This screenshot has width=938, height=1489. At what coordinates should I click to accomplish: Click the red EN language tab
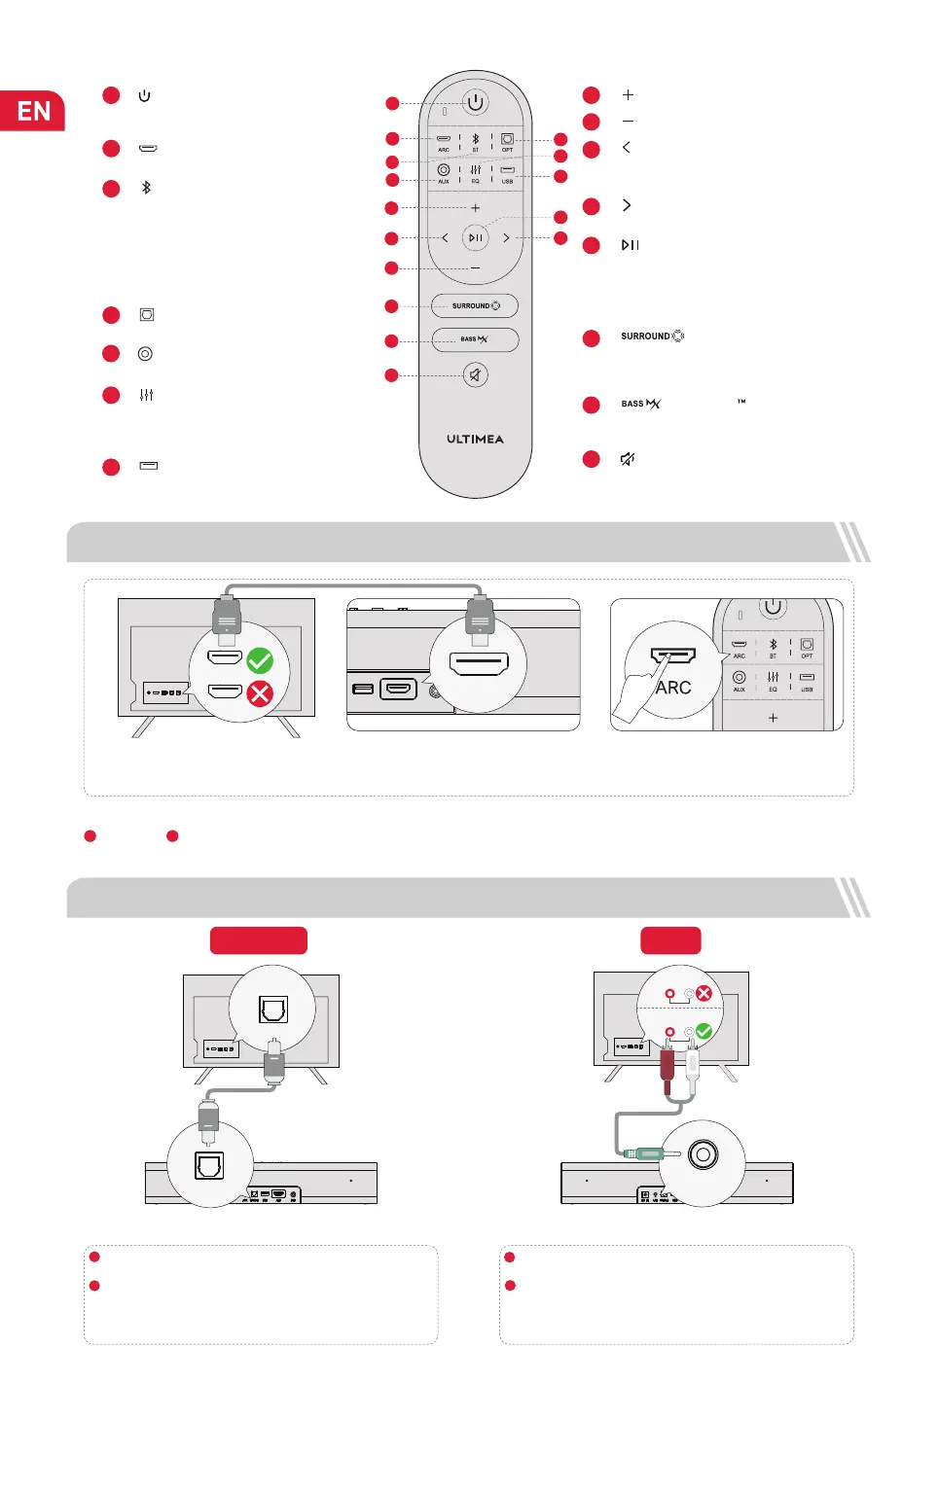click(32, 110)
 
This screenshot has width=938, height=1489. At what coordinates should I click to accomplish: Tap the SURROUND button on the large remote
click(475, 305)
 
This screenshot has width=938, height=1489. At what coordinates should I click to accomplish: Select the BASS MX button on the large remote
click(475, 339)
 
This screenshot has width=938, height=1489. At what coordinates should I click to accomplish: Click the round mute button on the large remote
click(475, 374)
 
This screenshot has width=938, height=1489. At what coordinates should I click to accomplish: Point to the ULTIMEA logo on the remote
click(475, 439)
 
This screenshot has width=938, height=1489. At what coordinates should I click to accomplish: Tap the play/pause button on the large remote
click(475, 237)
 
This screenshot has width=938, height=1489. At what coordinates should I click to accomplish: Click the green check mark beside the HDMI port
click(260, 661)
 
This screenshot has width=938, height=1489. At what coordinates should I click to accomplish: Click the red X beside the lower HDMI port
click(260, 693)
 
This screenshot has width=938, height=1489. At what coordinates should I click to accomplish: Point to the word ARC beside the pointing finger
click(673, 688)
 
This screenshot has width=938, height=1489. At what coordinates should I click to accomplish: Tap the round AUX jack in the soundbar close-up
click(703, 1154)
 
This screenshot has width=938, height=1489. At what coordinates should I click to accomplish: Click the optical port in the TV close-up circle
click(273, 1009)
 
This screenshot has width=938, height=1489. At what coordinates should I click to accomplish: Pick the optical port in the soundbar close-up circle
click(209, 1164)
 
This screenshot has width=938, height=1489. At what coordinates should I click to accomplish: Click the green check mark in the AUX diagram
click(703, 1031)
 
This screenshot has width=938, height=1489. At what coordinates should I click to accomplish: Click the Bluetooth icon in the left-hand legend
click(146, 188)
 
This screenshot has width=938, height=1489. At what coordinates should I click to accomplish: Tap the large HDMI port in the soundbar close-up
click(478, 664)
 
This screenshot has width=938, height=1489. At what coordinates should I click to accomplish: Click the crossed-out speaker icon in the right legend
click(628, 459)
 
